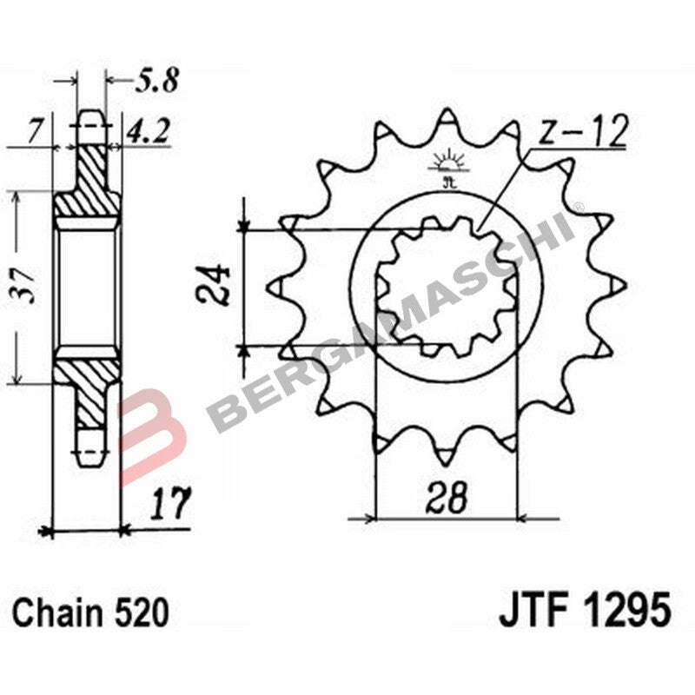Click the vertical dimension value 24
(x=214, y=286)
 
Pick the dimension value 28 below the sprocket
(x=447, y=499)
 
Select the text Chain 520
(x=90, y=613)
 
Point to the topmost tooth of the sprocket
(x=448, y=120)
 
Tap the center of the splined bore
(x=447, y=286)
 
